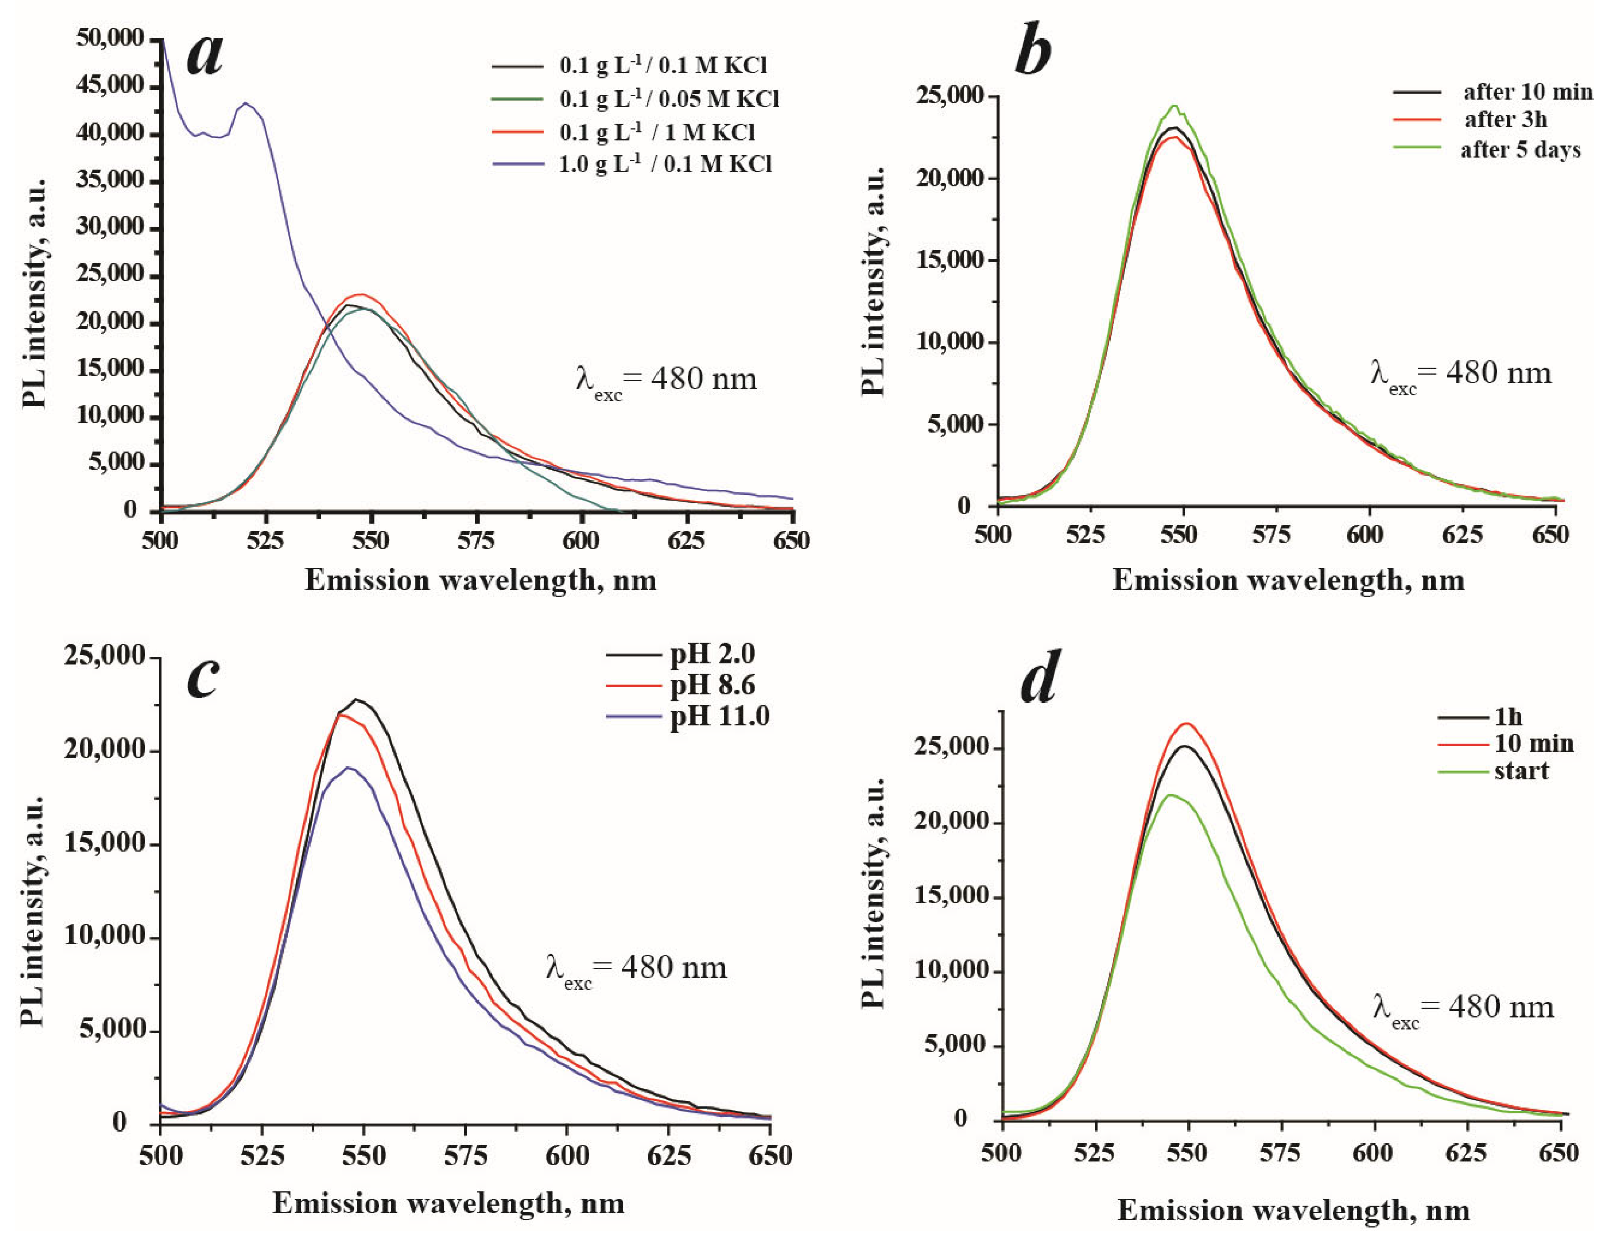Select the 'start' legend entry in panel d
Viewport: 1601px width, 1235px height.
point(1521,771)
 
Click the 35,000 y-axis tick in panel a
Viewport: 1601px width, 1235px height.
point(109,180)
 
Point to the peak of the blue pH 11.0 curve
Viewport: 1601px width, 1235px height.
point(350,768)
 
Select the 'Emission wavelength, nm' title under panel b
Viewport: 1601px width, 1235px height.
point(1288,580)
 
